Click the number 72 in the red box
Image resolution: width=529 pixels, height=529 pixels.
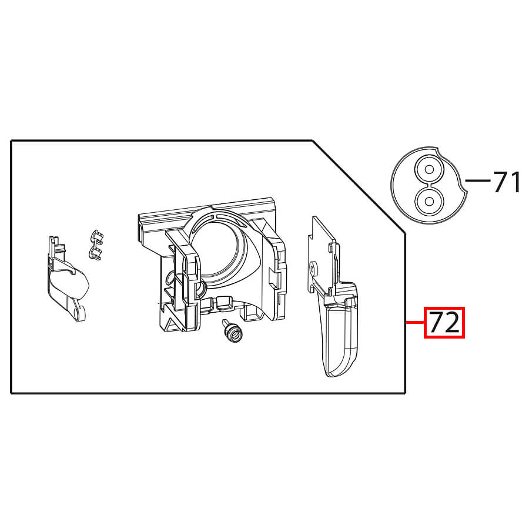[444, 323]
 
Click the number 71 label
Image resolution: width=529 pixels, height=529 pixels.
[507, 182]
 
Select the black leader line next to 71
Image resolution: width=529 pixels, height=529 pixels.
[478, 180]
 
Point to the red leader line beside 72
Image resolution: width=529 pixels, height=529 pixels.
[415, 323]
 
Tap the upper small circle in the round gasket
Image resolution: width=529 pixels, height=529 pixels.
[429, 169]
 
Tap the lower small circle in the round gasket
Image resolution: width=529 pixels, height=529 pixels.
[429, 202]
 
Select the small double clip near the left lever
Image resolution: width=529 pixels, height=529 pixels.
[96, 245]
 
